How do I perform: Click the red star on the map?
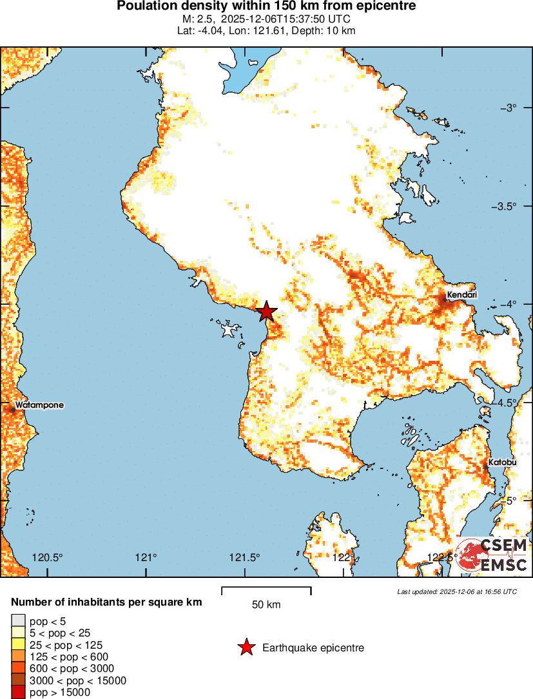[266, 312]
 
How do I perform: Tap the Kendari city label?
[461, 295]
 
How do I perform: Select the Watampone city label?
[39, 405]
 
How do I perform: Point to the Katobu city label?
[501, 463]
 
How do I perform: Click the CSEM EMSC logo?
[492, 555]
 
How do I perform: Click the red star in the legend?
[246, 647]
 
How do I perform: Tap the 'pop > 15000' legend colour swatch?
[17, 693]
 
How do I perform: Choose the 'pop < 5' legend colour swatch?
[17, 621]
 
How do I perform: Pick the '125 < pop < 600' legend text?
[69, 656]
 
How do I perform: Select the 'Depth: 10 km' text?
[321, 30]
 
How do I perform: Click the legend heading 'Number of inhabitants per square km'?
[107, 602]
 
